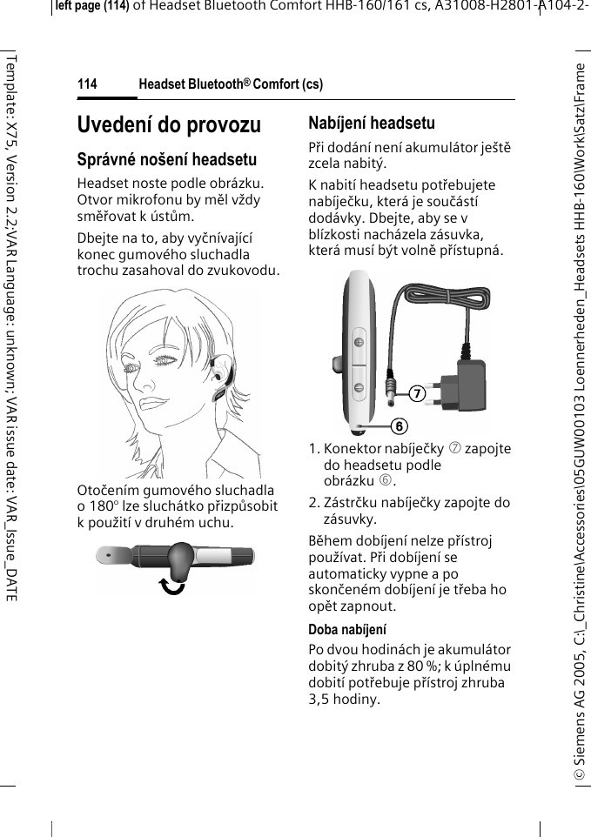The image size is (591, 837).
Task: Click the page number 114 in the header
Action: (87, 84)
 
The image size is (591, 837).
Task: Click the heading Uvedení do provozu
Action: (169, 125)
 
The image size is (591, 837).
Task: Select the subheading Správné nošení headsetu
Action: (166, 160)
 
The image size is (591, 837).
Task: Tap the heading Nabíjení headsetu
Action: (372, 123)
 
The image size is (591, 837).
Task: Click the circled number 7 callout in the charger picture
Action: (417, 393)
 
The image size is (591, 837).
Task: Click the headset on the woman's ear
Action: (221, 383)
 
